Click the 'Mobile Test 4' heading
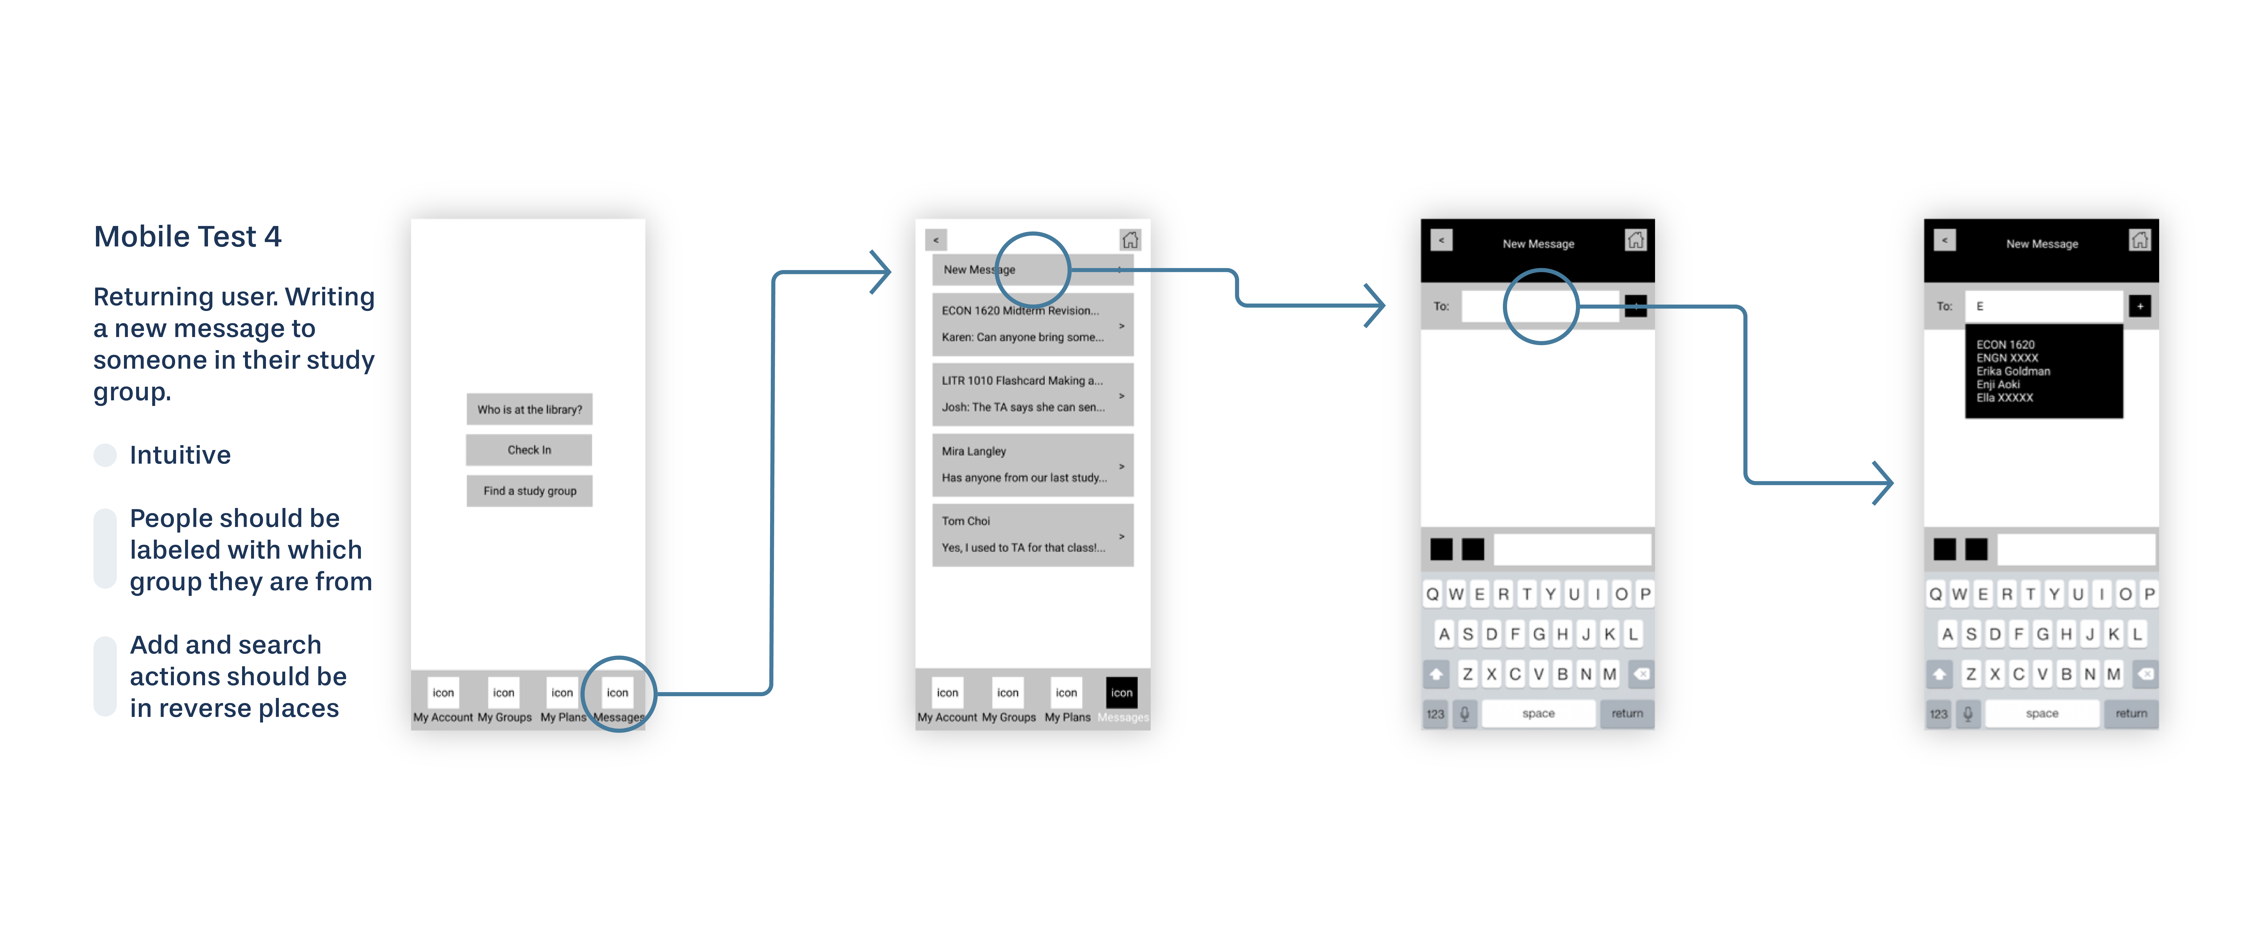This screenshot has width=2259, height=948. pos(188,237)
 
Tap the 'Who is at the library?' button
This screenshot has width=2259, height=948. pos(529,410)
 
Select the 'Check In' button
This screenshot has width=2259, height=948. pos(529,450)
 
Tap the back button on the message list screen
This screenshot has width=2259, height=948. pos(936,239)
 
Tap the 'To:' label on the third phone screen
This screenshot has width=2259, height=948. pos(1441,306)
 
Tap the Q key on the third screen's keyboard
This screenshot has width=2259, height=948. pos(1432,594)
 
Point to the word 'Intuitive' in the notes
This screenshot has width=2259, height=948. pos(180,455)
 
